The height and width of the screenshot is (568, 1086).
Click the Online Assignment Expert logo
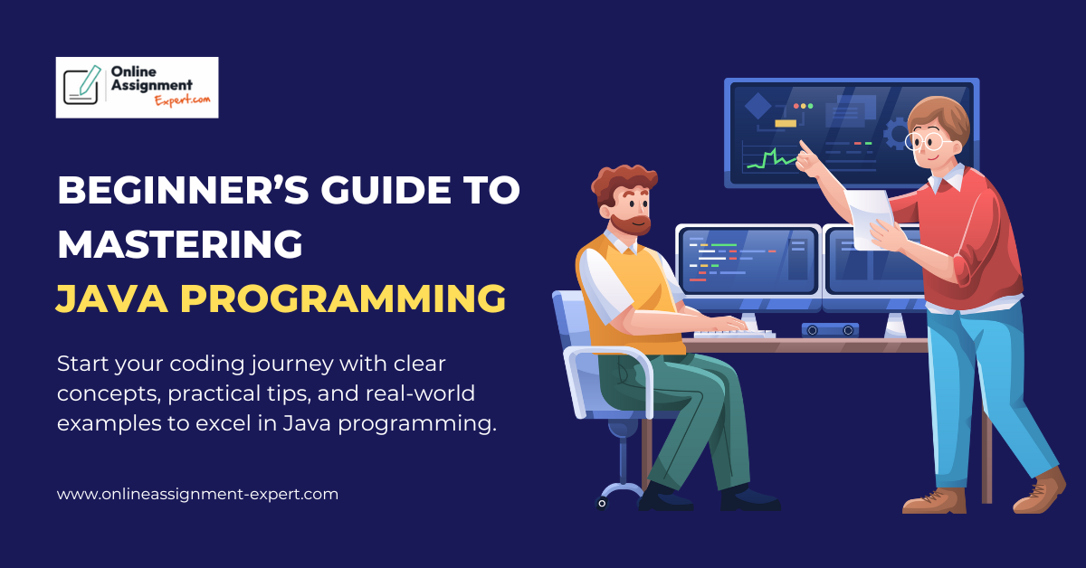click(137, 87)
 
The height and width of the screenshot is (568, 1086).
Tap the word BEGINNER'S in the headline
click(183, 190)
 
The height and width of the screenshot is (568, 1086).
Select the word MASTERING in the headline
click(180, 244)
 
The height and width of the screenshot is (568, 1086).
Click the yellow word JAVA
click(112, 298)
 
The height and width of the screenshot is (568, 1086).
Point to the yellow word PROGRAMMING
click(343, 298)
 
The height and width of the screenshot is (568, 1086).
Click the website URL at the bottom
click(197, 495)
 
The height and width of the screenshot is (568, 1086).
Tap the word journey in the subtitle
click(292, 364)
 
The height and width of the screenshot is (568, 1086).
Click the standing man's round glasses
click(929, 141)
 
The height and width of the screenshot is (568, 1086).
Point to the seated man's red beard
click(630, 225)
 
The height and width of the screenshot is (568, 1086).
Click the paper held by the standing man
click(871, 218)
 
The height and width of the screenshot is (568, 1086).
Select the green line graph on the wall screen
click(771, 158)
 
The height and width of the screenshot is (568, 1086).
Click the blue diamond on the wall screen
click(757, 106)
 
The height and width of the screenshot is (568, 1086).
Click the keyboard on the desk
click(734, 334)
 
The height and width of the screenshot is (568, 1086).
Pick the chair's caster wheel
click(602, 504)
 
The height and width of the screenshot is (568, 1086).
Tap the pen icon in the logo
click(90, 80)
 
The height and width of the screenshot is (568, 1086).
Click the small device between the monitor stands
click(830, 330)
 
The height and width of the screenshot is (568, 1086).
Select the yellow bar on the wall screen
click(786, 124)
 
